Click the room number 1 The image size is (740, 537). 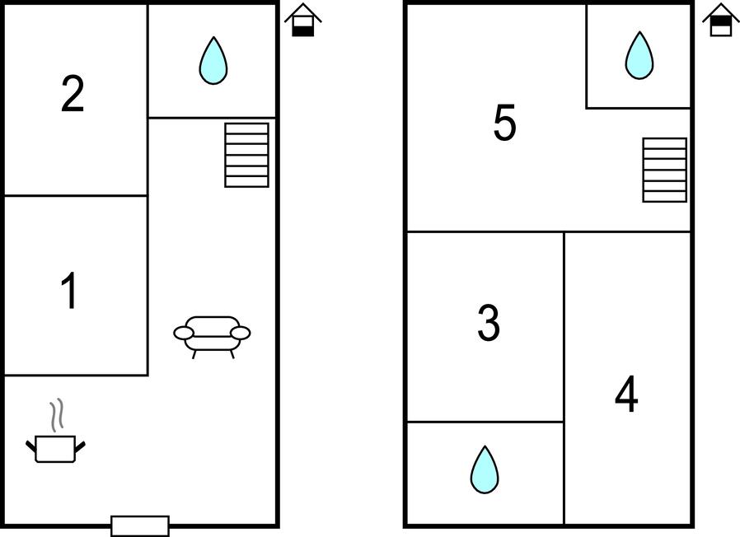70,291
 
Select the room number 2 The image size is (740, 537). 73,94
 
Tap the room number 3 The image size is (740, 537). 489,323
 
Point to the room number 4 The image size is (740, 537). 626,394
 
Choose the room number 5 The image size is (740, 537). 504,123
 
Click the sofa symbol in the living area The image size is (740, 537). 212,337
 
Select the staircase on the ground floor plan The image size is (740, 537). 246,155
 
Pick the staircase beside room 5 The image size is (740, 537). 664,170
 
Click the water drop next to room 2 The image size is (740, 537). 213,61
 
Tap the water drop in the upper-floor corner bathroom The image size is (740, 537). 639,56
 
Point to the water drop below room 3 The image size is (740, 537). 485,470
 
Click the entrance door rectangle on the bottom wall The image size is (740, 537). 140,525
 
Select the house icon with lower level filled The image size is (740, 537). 303,20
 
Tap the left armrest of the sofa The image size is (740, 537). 184,333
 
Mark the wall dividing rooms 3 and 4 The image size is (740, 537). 564,378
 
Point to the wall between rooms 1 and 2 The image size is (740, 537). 76,195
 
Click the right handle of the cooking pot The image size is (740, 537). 80,446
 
